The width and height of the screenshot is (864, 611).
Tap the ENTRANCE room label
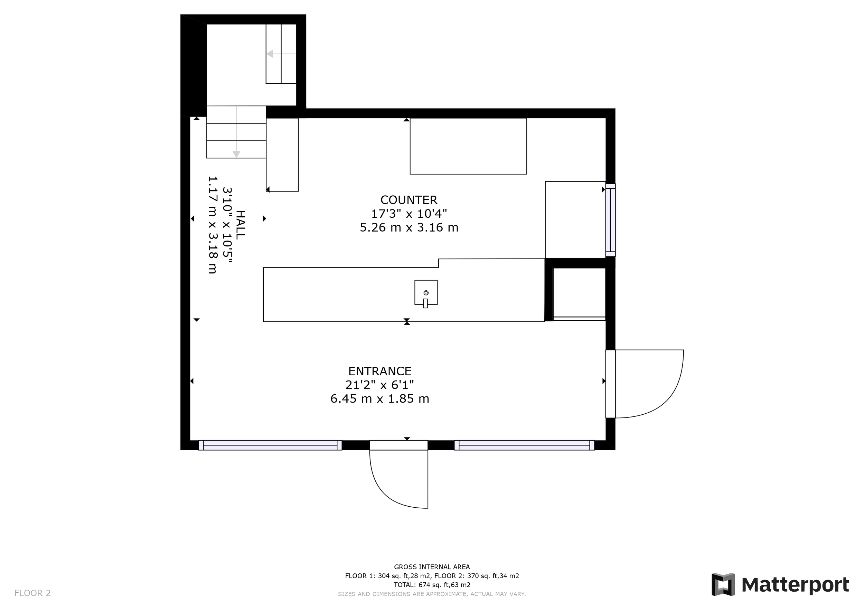click(380, 372)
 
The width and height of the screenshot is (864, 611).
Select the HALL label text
click(240, 225)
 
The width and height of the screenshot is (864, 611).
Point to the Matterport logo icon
click(723, 584)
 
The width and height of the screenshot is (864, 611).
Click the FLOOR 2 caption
click(32, 593)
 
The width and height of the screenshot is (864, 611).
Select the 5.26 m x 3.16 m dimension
click(409, 228)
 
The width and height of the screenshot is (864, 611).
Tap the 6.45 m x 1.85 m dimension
click(380, 399)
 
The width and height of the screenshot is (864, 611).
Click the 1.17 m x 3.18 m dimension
click(213, 225)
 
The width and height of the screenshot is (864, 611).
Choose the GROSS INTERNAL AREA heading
click(432, 567)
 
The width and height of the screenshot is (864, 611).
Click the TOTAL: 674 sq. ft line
click(432, 585)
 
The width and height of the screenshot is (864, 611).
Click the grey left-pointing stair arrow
click(281, 54)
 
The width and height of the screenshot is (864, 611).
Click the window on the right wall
click(610, 220)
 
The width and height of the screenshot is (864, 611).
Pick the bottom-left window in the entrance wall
click(270, 445)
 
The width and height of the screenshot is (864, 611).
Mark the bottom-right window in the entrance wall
click(524, 445)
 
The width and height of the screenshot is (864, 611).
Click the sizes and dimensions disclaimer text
click(432, 594)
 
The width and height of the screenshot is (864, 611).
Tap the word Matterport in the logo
click(795, 585)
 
